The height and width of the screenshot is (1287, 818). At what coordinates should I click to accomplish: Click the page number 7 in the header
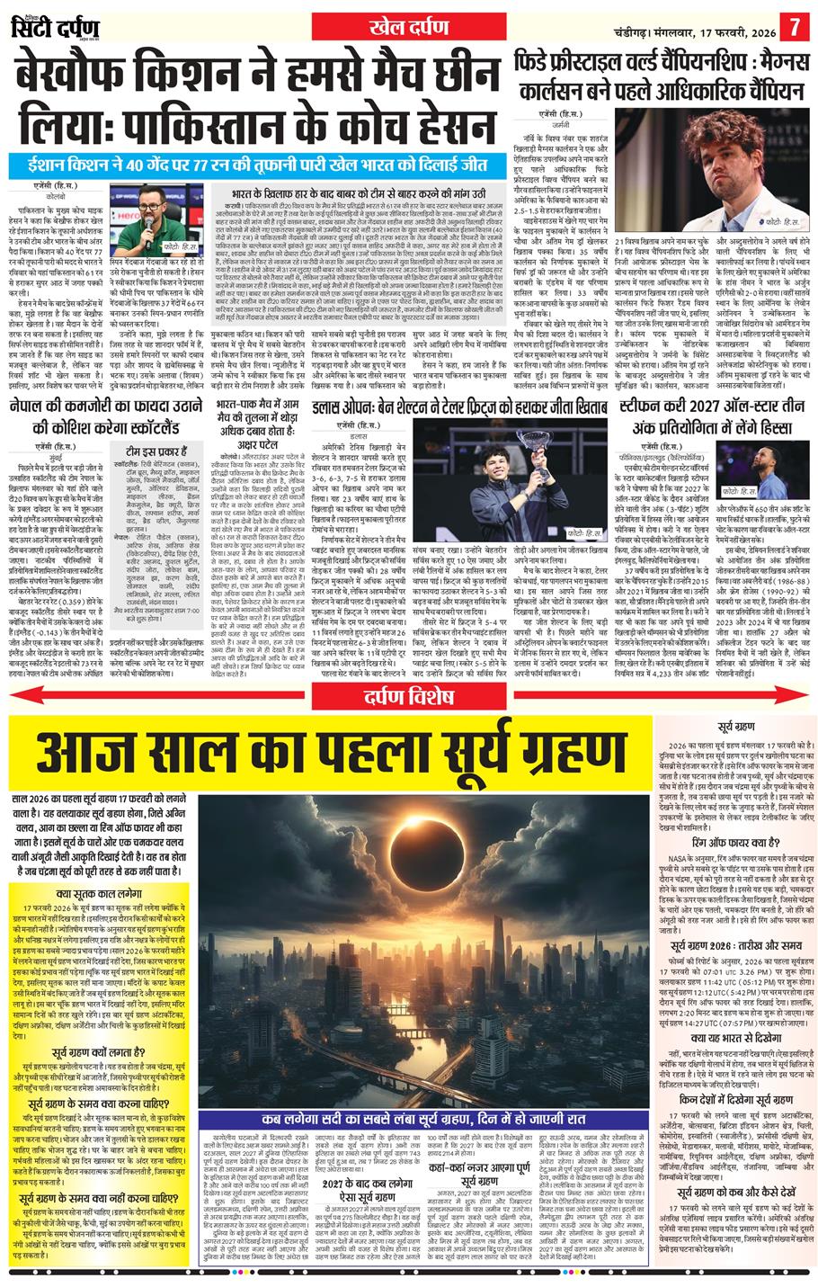point(795,25)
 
